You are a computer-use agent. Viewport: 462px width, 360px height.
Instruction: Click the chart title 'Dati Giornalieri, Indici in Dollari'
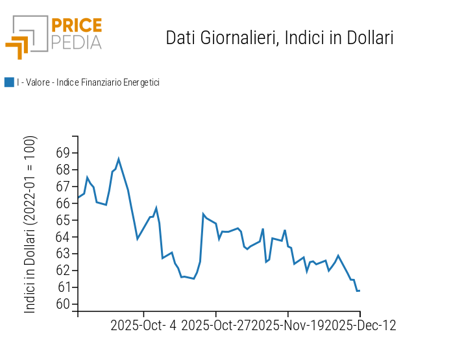pos(280,38)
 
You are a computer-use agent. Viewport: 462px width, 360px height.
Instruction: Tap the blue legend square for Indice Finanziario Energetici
pos(9,82)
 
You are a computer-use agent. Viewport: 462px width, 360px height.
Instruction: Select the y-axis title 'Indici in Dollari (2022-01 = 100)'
pos(30,224)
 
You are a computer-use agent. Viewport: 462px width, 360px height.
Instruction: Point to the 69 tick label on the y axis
pos(63,153)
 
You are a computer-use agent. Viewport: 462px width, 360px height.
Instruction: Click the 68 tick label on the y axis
pos(63,170)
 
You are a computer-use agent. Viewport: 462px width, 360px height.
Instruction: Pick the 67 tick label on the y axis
pos(63,187)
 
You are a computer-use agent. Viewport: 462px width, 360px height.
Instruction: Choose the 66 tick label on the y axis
pos(63,204)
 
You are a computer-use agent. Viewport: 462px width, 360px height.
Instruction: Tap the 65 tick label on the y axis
pos(63,221)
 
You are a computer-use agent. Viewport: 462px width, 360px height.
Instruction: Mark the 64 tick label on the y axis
pos(63,237)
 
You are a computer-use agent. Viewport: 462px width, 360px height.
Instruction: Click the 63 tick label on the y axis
pos(63,254)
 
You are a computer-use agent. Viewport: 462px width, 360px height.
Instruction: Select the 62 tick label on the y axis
pos(63,271)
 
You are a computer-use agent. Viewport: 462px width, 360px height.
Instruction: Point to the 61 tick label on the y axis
pos(63,288)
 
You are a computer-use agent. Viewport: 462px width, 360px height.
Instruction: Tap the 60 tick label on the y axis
pos(63,305)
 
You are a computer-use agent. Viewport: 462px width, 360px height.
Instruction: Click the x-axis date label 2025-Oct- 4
pos(143,326)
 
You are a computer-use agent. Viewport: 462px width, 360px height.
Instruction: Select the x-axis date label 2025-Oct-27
pos(216,326)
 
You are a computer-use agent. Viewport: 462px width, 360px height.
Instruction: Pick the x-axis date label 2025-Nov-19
pos(288,326)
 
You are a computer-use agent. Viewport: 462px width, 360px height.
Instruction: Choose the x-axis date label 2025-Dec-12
pos(360,326)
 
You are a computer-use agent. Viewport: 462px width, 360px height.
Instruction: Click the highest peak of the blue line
pos(119,158)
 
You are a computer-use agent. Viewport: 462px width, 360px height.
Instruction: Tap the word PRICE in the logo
pos(76,25)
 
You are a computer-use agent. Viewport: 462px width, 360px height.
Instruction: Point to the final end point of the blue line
pos(359,291)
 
